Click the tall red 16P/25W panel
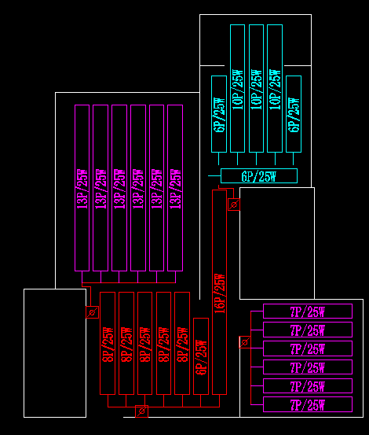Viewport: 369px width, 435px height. [219, 291]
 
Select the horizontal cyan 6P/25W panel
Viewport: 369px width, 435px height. [259, 175]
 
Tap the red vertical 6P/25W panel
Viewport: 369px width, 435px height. [201, 355]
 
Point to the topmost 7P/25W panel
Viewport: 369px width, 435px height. [308, 311]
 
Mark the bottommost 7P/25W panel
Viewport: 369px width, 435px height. [308, 404]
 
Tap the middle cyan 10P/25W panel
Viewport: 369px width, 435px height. [256, 88]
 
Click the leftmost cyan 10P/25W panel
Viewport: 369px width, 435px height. [237, 88]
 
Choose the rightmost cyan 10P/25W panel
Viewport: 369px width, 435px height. [274, 88]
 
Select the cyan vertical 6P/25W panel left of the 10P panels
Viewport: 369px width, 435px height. [218, 114]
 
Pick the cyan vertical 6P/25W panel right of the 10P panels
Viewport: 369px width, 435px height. [294, 114]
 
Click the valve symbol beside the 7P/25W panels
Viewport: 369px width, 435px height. [244, 342]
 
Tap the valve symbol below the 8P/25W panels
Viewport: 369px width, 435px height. [141, 411]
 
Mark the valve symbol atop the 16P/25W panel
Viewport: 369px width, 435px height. [232, 205]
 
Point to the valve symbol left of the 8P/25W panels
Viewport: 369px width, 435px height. [92, 312]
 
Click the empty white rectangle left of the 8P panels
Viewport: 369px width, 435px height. [54, 352]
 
